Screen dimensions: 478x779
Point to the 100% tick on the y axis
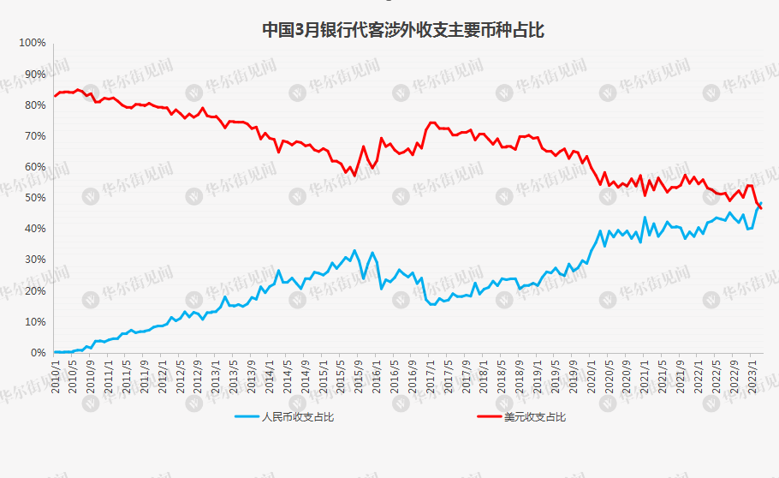click(x=32, y=43)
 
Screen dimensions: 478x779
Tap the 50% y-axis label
click(x=34, y=198)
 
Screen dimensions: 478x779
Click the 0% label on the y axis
click(x=38, y=353)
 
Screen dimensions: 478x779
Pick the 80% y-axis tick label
click(x=34, y=105)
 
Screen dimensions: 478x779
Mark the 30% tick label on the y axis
click(x=34, y=260)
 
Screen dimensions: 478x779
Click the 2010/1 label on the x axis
click(x=56, y=377)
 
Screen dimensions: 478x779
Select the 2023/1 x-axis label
click(x=752, y=377)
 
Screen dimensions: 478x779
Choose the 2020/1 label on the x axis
click(x=591, y=377)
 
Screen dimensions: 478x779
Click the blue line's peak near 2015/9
click(x=354, y=251)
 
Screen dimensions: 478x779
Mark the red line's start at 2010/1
click(x=55, y=96)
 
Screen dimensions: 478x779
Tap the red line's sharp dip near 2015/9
click(x=354, y=175)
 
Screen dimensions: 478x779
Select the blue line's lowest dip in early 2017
click(x=434, y=304)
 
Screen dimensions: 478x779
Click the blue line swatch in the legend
click(x=247, y=417)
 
